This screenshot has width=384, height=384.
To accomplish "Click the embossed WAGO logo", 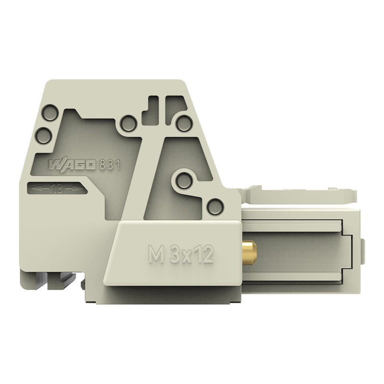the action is [x=72, y=165].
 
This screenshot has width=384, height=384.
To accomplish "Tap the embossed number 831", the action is [x=109, y=165].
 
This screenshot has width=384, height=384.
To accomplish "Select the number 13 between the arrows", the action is [x=57, y=189].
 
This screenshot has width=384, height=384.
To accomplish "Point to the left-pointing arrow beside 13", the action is [x=40, y=189].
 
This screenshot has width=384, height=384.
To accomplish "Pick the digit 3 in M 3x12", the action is [x=175, y=254].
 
